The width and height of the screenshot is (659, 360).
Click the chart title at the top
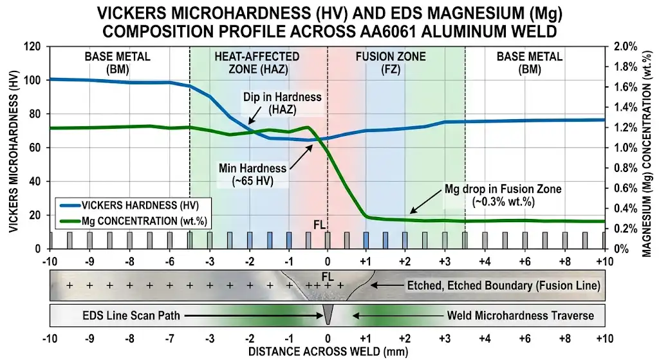[x=329, y=20]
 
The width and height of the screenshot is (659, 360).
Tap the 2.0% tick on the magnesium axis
[x=625, y=46]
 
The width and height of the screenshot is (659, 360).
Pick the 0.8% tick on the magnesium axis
[x=625, y=168]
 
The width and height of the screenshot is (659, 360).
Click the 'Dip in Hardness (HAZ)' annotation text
[x=273, y=103]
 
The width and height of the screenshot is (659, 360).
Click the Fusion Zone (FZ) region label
[x=391, y=62]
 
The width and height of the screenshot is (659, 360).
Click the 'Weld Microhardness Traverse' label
[x=520, y=316]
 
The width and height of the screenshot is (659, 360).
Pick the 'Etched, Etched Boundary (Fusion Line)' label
[x=503, y=284]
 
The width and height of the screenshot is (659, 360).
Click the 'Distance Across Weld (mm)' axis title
[x=328, y=352]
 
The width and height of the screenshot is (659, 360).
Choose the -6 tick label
[x=169, y=261]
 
